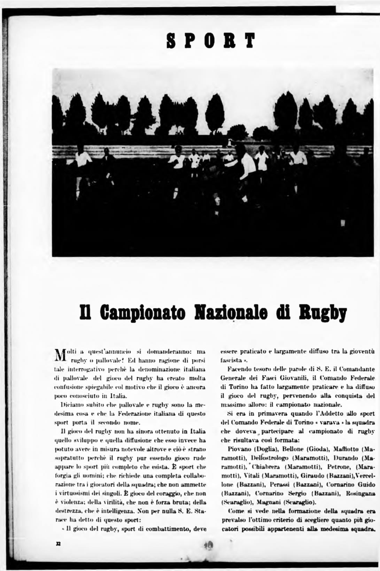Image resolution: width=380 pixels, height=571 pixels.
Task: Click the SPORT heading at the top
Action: [211, 41]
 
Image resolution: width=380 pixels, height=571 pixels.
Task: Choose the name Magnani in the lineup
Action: [268, 502]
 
